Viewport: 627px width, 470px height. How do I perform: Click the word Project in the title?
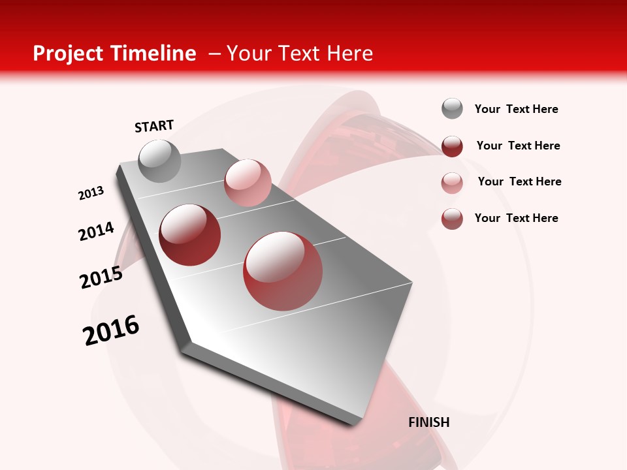pyautogui.click(x=68, y=54)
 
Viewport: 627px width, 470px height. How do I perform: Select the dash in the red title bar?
pyautogui.click(x=214, y=54)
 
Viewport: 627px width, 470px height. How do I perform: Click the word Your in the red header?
pyautogui.click(x=248, y=54)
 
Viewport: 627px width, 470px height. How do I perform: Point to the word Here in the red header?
pyautogui.click(x=349, y=54)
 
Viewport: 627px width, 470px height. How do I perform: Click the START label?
pyautogui.click(x=154, y=126)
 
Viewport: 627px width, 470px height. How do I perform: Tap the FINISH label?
pyautogui.click(x=428, y=422)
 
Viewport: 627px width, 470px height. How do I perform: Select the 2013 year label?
pyautogui.click(x=91, y=193)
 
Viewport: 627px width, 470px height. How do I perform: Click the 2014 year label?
pyautogui.click(x=97, y=231)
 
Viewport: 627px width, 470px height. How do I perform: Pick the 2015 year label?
pyautogui.click(x=101, y=277)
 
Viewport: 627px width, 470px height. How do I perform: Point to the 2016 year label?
pyautogui.click(x=111, y=330)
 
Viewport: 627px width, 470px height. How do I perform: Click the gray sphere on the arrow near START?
pyautogui.click(x=160, y=161)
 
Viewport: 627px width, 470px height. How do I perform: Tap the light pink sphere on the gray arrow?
pyautogui.click(x=248, y=183)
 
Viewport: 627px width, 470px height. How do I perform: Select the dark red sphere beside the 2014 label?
pyautogui.click(x=190, y=234)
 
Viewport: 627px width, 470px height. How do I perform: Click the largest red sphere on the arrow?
pyautogui.click(x=283, y=270)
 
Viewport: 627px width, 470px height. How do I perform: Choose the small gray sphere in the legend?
pyautogui.click(x=452, y=109)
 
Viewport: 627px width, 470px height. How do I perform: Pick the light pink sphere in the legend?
pyautogui.click(x=452, y=183)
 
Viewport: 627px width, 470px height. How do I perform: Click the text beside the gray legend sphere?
pyautogui.click(x=516, y=109)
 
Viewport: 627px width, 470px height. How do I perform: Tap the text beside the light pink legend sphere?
pyautogui.click(x=519, y=181)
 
